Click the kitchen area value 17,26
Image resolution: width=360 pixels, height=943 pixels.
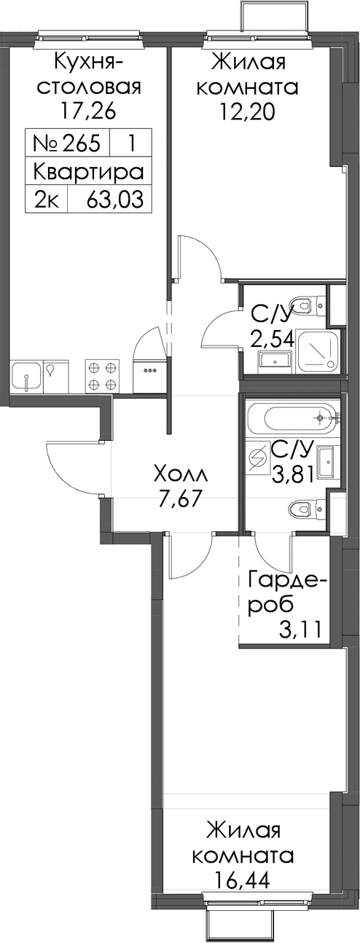click(x=88, y=111)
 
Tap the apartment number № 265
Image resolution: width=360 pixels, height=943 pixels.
click(x=67, y=143)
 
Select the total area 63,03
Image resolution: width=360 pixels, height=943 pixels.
click(x=115, y=199)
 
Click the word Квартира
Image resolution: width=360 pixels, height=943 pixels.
click(x=88, y=172)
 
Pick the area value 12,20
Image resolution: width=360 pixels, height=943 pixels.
click(x=248, y=111)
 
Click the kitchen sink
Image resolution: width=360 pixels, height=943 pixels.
click(x=27, y=375)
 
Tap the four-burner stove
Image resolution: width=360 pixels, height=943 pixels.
click(x=102, y=375)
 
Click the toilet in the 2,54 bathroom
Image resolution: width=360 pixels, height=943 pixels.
click(x=307, y=304)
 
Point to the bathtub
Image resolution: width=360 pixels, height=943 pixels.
click(x=293, y=418)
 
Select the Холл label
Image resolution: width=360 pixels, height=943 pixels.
click(x=181, y=475)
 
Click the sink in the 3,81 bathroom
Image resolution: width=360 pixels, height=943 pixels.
click(x=326, y=463)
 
